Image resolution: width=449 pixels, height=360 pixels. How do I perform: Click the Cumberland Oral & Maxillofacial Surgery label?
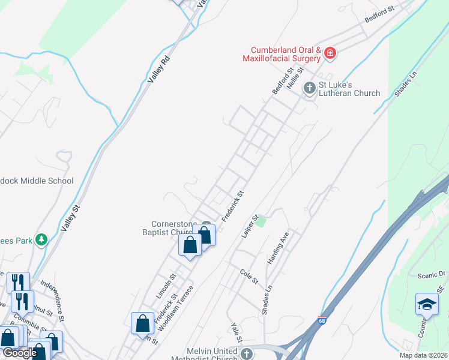pos(282,54)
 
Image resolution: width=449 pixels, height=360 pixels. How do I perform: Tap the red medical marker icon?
pos(330,54)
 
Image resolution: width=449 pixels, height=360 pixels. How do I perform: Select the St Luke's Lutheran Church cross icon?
pos(310,89)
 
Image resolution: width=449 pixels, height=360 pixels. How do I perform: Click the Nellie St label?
pos(296,79)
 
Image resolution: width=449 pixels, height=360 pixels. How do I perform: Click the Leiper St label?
pos(250,226)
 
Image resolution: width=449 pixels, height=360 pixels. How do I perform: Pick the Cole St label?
pos(249,277)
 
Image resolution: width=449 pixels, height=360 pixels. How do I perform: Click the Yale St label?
pos(236,332)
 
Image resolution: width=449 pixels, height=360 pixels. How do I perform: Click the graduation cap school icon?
pos(427,304)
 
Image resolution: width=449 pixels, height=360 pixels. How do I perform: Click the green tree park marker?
pos(41,241)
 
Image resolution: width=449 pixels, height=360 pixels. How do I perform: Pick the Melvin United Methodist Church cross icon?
pos(246,354)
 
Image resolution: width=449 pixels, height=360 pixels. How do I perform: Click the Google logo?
pos(19,353)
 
